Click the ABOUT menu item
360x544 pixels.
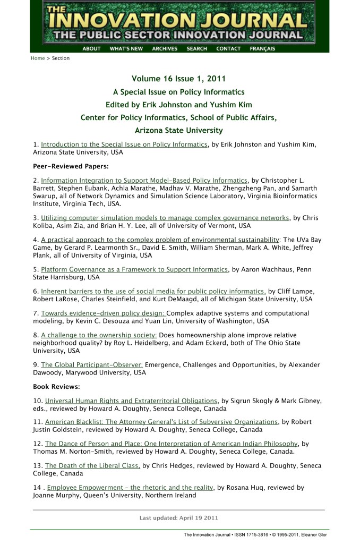point(91,49)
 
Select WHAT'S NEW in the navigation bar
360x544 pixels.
point(126,49)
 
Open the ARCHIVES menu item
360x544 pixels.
point(165,49)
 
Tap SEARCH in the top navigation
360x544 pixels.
point(196,49)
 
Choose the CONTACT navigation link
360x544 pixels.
point(228,49)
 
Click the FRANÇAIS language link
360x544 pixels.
point(262,49)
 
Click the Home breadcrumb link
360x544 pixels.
point(38,58)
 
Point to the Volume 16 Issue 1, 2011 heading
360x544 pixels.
point(179,79)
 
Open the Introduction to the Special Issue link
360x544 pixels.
point(124,144)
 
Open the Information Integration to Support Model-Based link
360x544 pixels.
point(144,181)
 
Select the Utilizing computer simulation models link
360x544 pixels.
point(165,218)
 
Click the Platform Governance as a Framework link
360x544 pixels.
point(134,270)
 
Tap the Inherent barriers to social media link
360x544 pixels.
point(153,292)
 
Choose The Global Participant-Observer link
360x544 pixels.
point(92,365)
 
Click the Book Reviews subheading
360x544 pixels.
point(56,387)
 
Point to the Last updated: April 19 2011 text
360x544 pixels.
point(179,517)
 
